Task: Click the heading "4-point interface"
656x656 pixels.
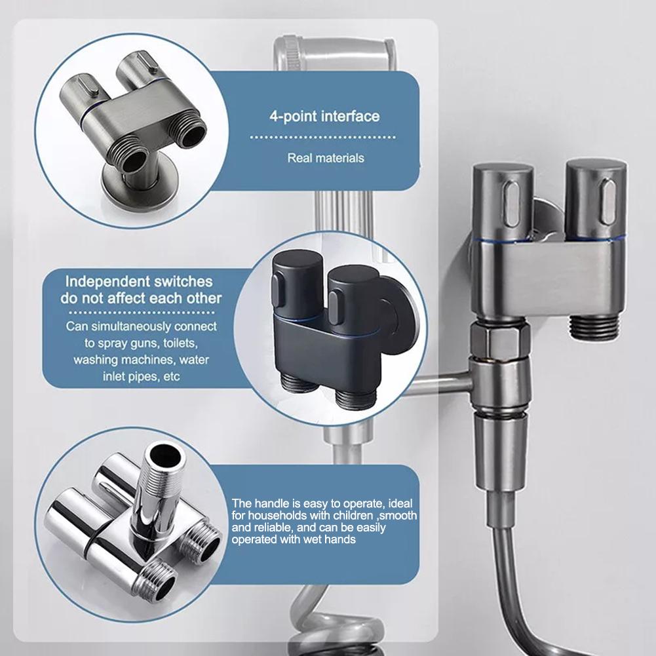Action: click(x=324, y=117)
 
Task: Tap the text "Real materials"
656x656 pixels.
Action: click(x=326, y=157)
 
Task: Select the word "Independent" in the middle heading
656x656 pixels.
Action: click(x=104, y=282)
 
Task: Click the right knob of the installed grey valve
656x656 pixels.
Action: click(x=595, y=197)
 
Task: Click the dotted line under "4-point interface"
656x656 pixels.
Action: click(x=324, y=138)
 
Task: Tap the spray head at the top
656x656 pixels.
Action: click(x=334, y=52)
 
